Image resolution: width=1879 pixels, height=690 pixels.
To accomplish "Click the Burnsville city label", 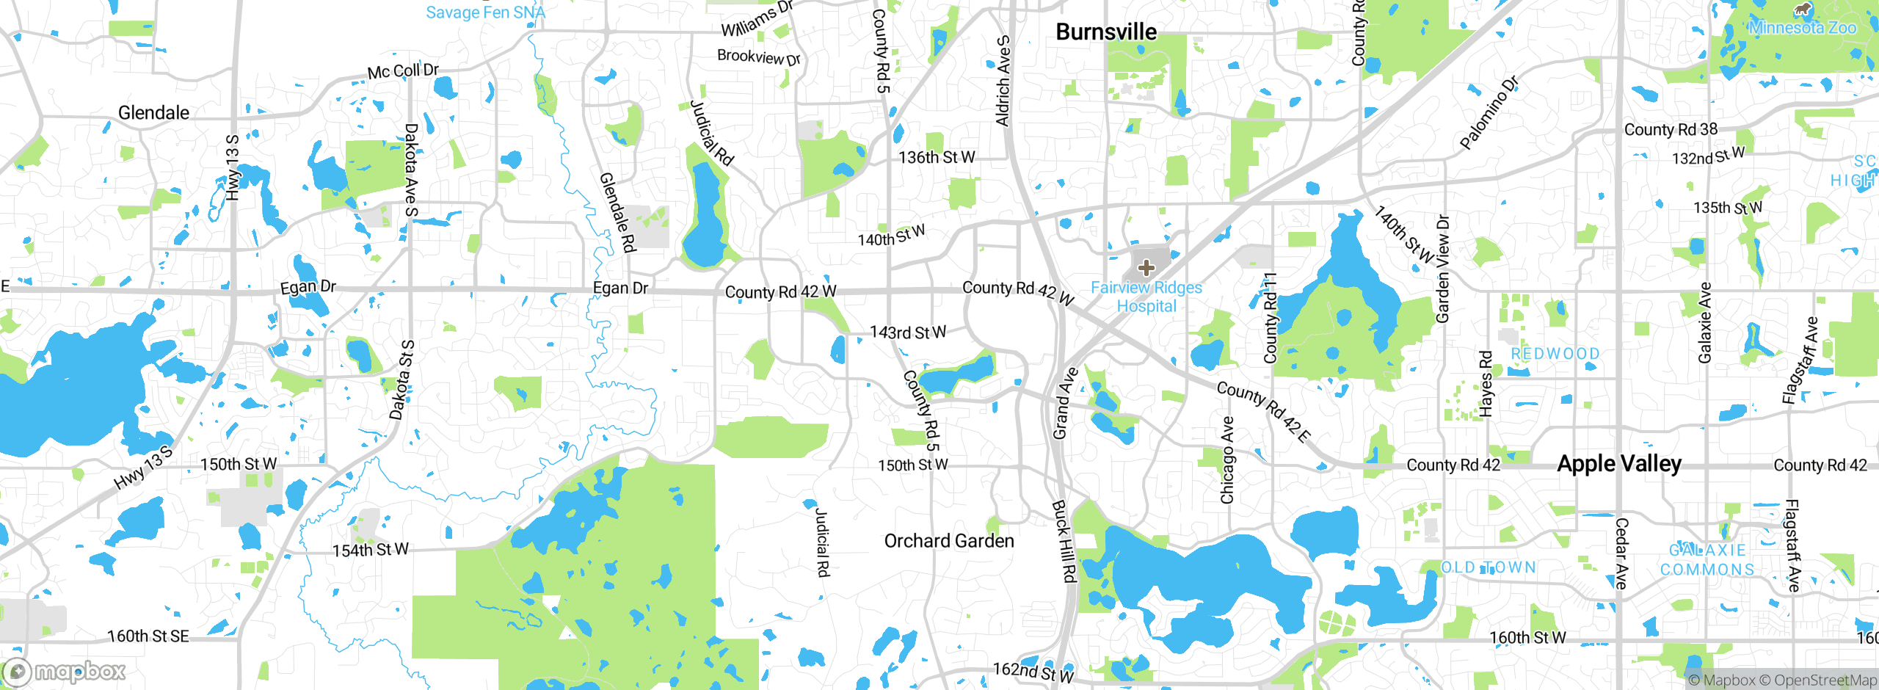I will click(1105, 32).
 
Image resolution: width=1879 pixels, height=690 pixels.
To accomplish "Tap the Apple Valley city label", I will click(1619, 464).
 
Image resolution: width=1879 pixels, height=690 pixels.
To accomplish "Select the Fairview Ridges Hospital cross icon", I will click(1146, 267).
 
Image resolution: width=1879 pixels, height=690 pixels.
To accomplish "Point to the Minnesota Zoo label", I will click(1802, 27).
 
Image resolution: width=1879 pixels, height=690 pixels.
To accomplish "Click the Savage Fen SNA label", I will click(485, 12).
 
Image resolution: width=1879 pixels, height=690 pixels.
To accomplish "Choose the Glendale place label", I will click(153, 113).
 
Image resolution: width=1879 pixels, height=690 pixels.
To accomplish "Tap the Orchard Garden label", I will click(948, 541).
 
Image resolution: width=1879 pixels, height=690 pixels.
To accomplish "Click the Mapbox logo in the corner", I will click(65, 672).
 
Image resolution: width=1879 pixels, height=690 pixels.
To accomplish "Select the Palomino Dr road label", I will click(1488, 113).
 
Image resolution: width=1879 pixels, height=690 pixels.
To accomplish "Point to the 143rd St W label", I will click(908, 333).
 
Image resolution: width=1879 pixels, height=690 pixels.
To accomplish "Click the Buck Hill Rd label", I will click(1064, 541).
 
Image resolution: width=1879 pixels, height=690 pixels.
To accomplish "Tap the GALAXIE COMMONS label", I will click(1707, 560).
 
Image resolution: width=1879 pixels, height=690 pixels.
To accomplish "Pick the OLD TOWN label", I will click(1488, 567).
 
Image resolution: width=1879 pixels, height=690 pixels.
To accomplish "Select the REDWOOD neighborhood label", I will click(1555, 354).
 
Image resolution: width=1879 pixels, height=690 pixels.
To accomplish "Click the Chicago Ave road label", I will click(1226, 460).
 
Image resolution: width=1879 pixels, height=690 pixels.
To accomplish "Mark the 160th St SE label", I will click(148, 636).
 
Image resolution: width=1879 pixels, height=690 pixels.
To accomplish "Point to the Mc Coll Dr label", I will click(403, 71).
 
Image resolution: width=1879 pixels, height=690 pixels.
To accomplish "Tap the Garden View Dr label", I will click(1443, 269).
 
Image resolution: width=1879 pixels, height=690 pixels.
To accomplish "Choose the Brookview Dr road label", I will click(758, 57).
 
